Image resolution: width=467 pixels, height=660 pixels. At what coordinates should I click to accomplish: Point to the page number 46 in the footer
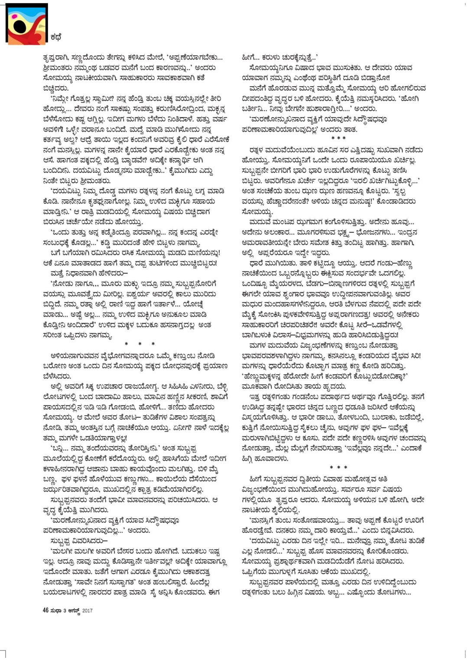[45, 610]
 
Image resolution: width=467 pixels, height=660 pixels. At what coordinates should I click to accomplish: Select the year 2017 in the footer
[88, 611]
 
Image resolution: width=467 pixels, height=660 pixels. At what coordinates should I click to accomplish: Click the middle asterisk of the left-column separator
[139, 344]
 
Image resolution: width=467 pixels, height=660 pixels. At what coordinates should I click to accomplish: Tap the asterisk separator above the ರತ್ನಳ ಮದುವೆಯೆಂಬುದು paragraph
[338, 138]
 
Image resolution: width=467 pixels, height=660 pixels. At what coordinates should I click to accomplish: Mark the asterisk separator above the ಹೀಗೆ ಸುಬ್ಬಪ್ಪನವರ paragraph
[338, 468]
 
